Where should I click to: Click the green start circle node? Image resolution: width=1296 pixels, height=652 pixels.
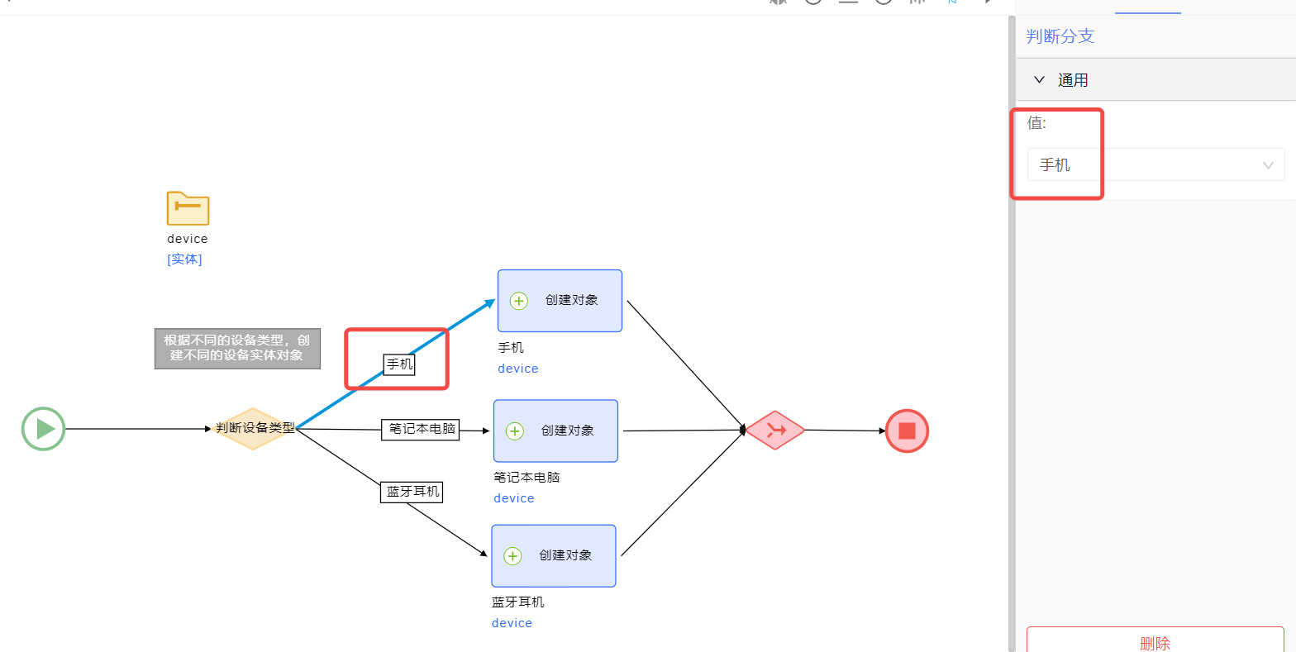(43, 429)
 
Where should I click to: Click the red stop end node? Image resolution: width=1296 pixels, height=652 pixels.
(907, 431)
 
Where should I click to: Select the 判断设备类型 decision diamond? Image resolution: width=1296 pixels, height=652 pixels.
(254, 428)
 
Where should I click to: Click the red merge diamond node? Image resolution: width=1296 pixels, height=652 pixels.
(775, 430)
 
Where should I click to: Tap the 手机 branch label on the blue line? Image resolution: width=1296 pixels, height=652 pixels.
(399, 364)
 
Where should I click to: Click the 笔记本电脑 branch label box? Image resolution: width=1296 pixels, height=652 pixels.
(420, 429)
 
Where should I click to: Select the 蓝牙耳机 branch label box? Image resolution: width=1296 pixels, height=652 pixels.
(412, 492)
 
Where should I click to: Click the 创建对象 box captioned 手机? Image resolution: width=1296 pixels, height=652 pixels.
(560, 301)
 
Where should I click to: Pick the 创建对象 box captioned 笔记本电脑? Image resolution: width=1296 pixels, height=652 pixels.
(555, 431)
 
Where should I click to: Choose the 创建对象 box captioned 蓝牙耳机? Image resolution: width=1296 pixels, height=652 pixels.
(554, 555)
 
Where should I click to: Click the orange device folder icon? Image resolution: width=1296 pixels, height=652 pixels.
(188, 208)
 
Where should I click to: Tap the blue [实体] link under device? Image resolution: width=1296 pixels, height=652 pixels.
(184, 259)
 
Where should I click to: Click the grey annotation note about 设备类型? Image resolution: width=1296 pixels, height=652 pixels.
(237, 348)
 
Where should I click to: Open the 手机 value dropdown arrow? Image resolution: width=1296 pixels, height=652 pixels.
(1268, 165)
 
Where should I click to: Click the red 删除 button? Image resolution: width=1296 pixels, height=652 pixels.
(1155, 642)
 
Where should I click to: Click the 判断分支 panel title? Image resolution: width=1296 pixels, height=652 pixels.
(1060, 36)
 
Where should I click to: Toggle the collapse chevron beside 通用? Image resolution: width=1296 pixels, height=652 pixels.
(1040, 80)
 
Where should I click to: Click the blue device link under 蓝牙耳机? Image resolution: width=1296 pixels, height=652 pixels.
(512, 623)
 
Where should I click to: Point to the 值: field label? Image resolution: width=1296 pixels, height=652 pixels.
(1036, 123)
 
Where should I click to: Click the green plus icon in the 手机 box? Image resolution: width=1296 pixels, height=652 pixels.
(519, 301)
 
